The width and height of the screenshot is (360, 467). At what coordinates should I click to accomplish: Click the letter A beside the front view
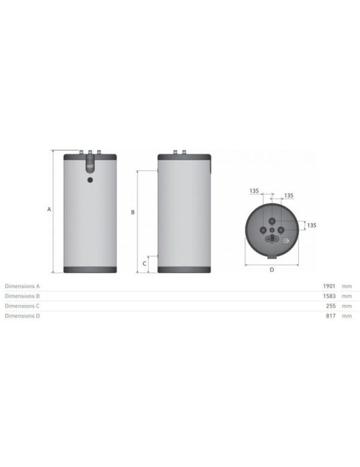49,209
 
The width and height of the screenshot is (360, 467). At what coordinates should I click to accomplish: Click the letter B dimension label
133,212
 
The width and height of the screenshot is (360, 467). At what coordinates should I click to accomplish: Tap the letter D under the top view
272,270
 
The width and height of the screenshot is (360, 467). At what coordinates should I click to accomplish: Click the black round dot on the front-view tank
89,179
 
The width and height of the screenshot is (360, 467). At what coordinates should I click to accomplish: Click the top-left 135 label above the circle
253,190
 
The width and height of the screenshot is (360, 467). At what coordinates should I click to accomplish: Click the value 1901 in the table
329,286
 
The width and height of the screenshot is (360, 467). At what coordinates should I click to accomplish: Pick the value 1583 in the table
329,296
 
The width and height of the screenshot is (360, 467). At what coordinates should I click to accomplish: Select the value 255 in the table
331,306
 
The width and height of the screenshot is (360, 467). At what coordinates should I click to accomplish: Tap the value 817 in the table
331,316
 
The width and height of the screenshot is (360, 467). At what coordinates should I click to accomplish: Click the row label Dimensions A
22,286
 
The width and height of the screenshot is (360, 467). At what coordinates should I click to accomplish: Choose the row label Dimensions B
22,296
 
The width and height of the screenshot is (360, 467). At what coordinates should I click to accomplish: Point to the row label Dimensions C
22,306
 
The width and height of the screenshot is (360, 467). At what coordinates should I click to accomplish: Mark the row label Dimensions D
22,316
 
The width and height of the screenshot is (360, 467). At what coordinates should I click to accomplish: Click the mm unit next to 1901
346,286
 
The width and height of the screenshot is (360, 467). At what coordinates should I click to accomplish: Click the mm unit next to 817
346,316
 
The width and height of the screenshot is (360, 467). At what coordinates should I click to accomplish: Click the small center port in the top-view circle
272,229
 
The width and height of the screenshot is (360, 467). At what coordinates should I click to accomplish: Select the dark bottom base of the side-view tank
184,269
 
